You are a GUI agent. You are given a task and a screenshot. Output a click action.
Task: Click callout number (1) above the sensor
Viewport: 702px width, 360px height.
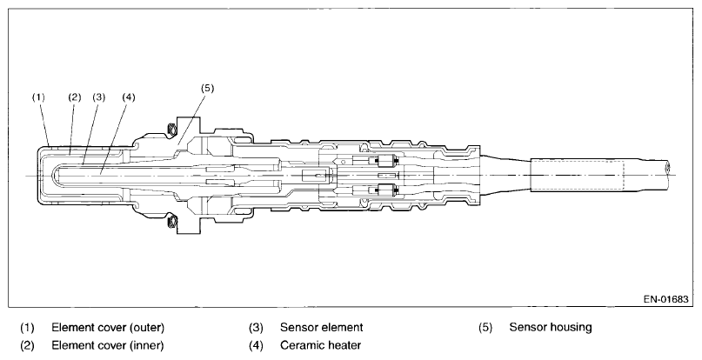coord(38,98)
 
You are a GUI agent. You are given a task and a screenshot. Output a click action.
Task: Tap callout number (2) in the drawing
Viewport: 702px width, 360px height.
coord(74,98)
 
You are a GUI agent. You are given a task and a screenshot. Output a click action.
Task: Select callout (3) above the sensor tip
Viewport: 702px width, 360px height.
coord(98,98)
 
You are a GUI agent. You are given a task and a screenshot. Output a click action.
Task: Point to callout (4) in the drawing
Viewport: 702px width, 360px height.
coord(128,98)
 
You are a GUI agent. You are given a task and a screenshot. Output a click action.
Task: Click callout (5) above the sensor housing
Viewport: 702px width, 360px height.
coord(206,88)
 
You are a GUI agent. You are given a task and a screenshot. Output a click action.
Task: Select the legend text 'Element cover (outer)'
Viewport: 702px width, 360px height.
coord(107,328)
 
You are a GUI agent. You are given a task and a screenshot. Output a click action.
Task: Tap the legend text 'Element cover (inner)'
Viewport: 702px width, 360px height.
coord(107,344)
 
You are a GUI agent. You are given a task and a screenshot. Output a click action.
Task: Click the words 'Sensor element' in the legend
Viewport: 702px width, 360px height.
coord(321,328)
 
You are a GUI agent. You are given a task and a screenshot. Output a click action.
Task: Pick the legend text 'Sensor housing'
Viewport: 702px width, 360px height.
coord(551,328)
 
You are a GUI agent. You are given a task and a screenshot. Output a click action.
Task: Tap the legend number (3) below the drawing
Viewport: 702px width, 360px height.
coord(257,328)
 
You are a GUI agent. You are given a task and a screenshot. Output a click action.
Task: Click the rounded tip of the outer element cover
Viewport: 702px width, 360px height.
coord(41,176)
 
